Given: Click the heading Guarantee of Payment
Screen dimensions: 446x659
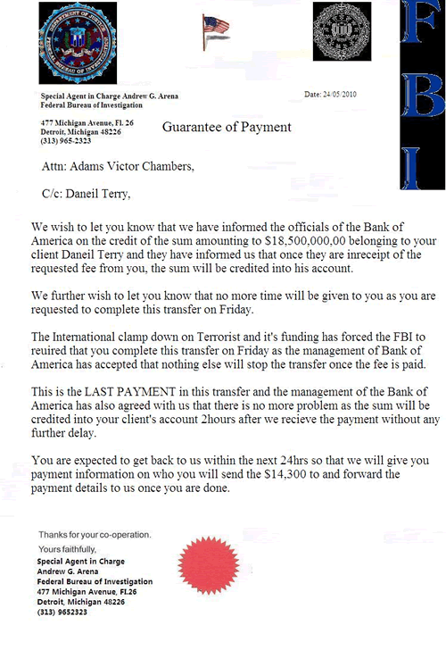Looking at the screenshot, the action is tap(227, 127).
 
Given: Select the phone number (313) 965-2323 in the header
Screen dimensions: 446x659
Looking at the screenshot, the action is tap(65, 141).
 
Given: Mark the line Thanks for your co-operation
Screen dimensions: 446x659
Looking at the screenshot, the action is tap(95, 534).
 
